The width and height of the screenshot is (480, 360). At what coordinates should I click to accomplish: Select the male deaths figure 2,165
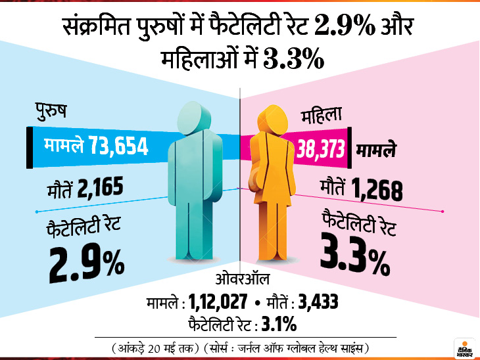[100, 189]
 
